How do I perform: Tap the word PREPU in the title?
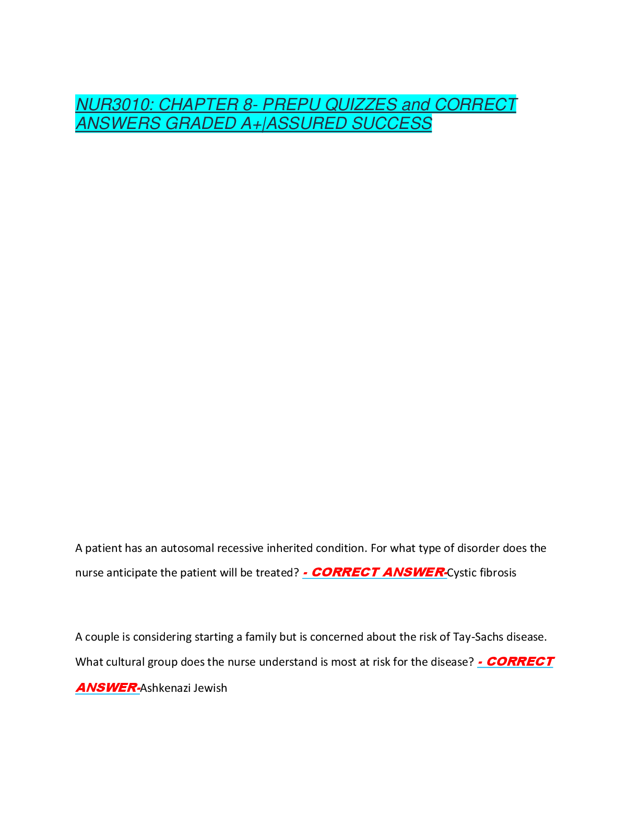click(x=291, y=104)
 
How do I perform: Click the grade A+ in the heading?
click(x=251, y=123)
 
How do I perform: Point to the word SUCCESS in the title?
click(x=392, y=123)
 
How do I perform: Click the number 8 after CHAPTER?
click(x=248, y=104)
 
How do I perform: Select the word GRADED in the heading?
click(x=200, y=123)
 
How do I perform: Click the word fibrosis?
click(x=498, y=573)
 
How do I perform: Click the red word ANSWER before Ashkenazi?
click(x=106, y=688)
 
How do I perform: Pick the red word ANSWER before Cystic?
click(x=413, y=572)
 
